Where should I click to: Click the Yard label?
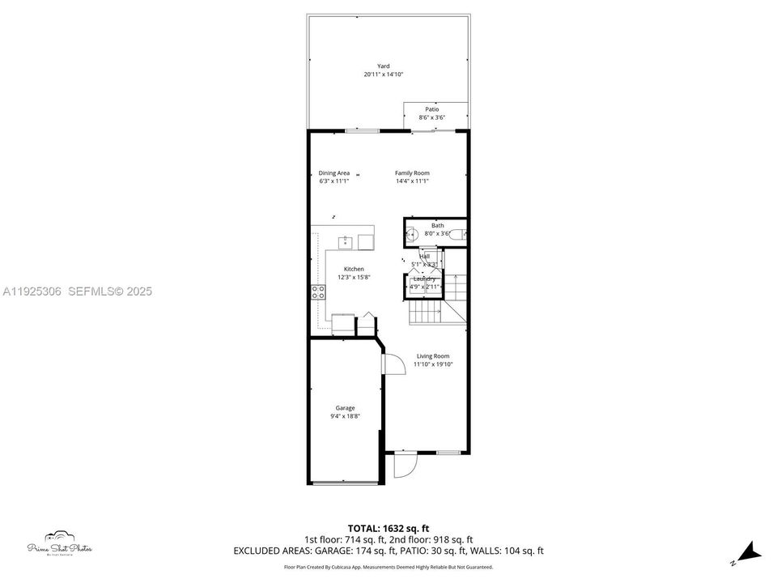point(383,66)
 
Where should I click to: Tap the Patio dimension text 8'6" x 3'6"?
point(432,118)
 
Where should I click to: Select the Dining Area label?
point(333,172)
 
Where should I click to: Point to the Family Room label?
point(412,172)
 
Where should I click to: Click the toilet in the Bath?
point(457,235)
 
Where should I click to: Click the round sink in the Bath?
point(410,235)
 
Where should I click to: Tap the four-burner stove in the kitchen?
point(316,291)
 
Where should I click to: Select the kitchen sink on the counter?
point(345,240)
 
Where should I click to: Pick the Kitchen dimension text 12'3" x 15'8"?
point(354,277)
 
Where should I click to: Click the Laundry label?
point(424,279)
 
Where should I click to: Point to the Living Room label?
point(433,356)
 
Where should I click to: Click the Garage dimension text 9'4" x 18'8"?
point(346,416)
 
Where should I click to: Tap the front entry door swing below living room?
point(403,466)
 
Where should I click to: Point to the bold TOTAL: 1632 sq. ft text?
point(388,527)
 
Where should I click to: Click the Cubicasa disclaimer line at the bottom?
point(388,567)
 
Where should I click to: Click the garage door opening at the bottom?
point(346,483)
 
